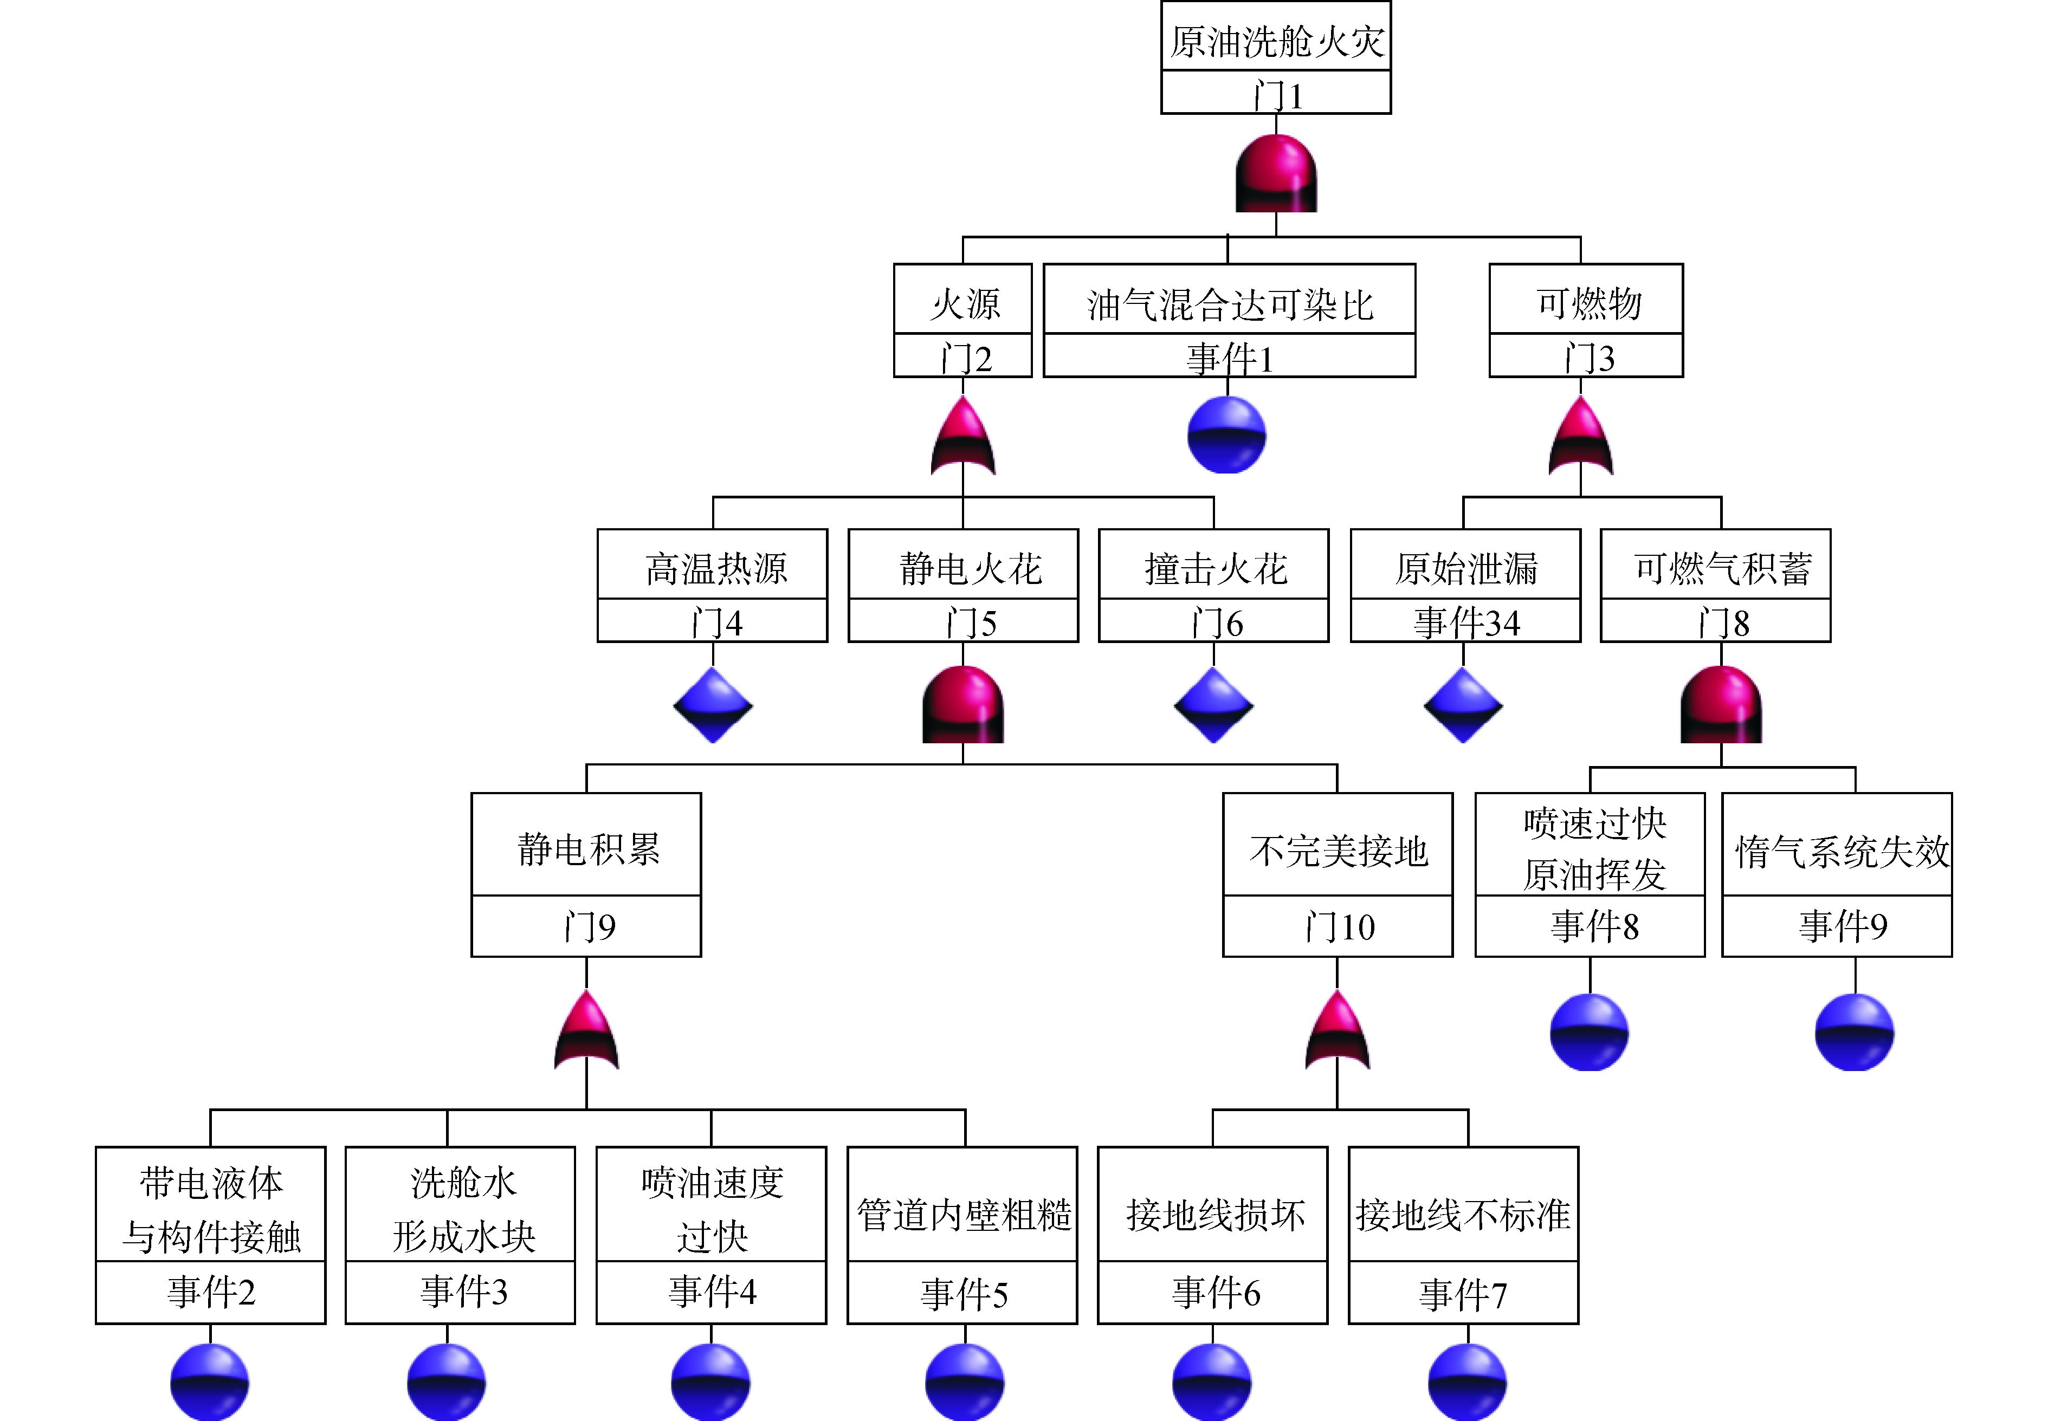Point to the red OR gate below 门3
(1580, 438)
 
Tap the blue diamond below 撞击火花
(1213, 705)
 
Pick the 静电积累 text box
(587, 848)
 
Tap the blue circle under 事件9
(1854, 1033)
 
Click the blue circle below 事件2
(210, 1382)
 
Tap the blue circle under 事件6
(1212, 1382)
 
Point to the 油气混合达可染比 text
(1229, 304)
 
